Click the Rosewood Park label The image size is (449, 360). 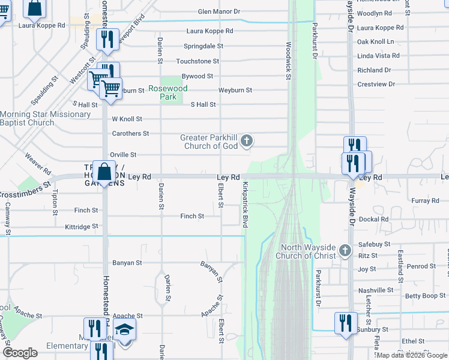(x=168, y=92)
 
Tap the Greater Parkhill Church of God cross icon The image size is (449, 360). (x=246, y=142)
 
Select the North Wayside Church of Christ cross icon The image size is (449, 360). (x=345, y=250)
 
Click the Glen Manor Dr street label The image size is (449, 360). (x=219, y=11)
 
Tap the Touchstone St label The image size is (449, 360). (x=197, y=61)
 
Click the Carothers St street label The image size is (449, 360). (x=130, y=133)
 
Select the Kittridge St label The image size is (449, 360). (x=82, y=227)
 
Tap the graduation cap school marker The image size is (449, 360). (x=124, y=329)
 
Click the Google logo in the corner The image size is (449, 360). (x=20, y=353)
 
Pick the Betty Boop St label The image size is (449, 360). (x=425, y=296)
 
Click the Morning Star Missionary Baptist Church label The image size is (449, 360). (x=45, y=119)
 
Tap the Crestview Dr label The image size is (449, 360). (x=376, y=85)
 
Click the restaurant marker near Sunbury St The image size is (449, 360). (x=345, y=322)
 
